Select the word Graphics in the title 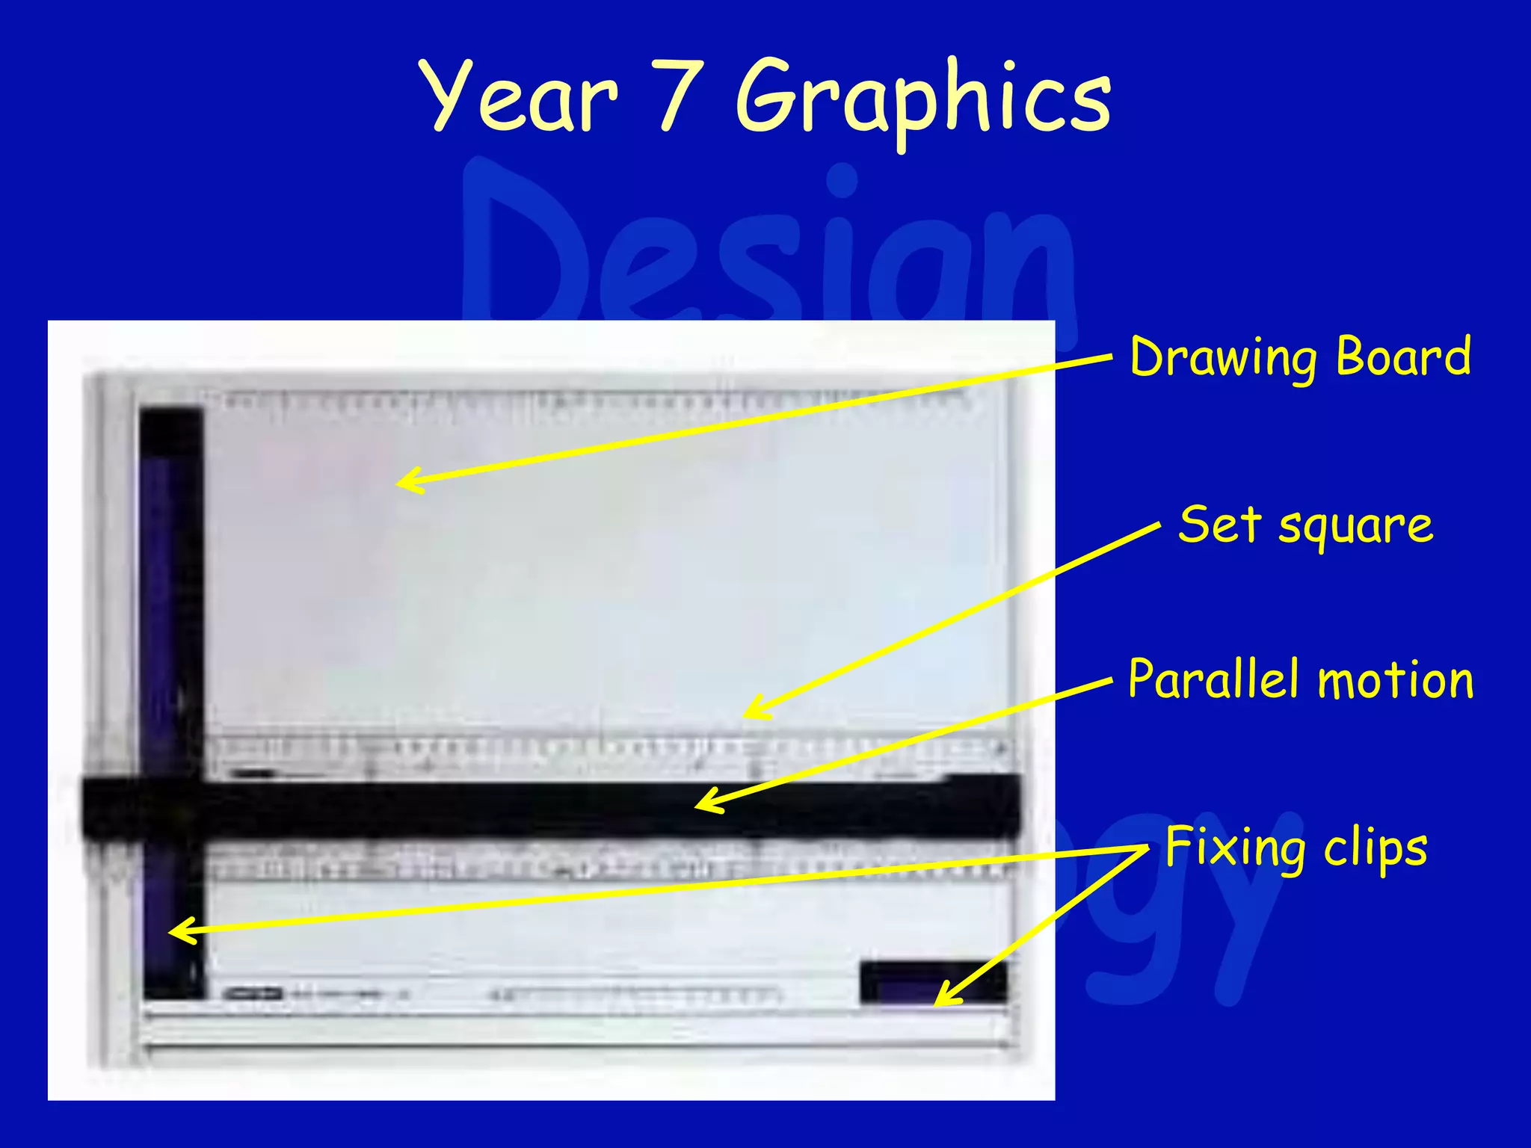pos(923,101)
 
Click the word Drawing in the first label pos(1226,359)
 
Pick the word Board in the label pos(1403,357)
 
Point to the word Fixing pos(1234,848)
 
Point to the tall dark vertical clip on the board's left pos(171,598)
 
